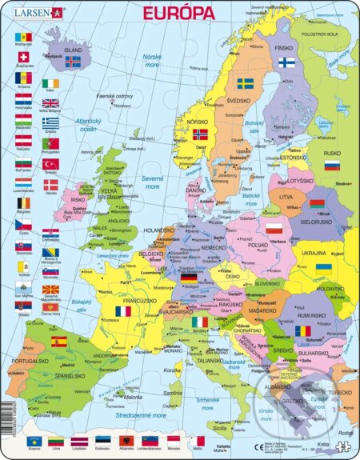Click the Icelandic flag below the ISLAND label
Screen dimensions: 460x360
pyautogui.click(x=73, y=61)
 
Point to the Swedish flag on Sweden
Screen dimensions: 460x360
pyautogui.click(x=245, y=83)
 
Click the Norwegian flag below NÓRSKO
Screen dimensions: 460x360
pyautogui.click(x=200, y=134)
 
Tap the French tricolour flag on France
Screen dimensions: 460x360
pyautogui.click(x=122, y=311)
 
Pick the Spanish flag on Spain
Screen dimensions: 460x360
pyautogui.click(x=58, y=342)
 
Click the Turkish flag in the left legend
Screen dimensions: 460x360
pyautogui.click(x=50, y=164)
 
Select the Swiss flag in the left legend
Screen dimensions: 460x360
pyautogui.click(x=22, y=58)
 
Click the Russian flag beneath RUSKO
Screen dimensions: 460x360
pyautogui.click(x=330, y=166)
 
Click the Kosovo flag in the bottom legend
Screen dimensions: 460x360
pyautogui.click(x=33, y=441)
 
